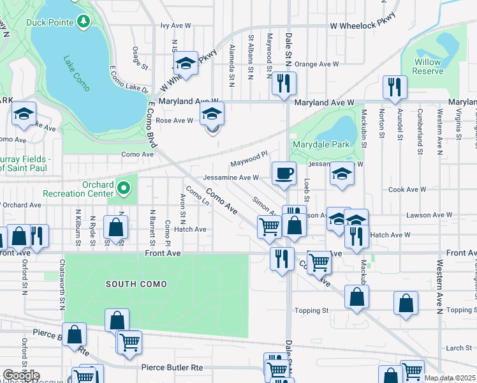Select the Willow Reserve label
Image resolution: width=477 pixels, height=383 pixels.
[x=428, y=66]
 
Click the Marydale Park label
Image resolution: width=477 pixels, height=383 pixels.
[x=321, y=144]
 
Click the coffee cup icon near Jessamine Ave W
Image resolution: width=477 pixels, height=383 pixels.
[x=284, y=172]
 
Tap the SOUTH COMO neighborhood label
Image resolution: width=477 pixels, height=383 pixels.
[x=136, y=283]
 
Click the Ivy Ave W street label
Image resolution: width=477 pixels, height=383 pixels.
[x=176, y=26]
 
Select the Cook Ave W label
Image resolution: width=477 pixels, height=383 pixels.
[x=407, y=190]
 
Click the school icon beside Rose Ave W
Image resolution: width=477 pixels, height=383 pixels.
[x=212, y=115]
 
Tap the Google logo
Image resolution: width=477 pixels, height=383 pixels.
[x=21, y=375]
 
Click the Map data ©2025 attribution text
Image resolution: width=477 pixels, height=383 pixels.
[x=450, y=378]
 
